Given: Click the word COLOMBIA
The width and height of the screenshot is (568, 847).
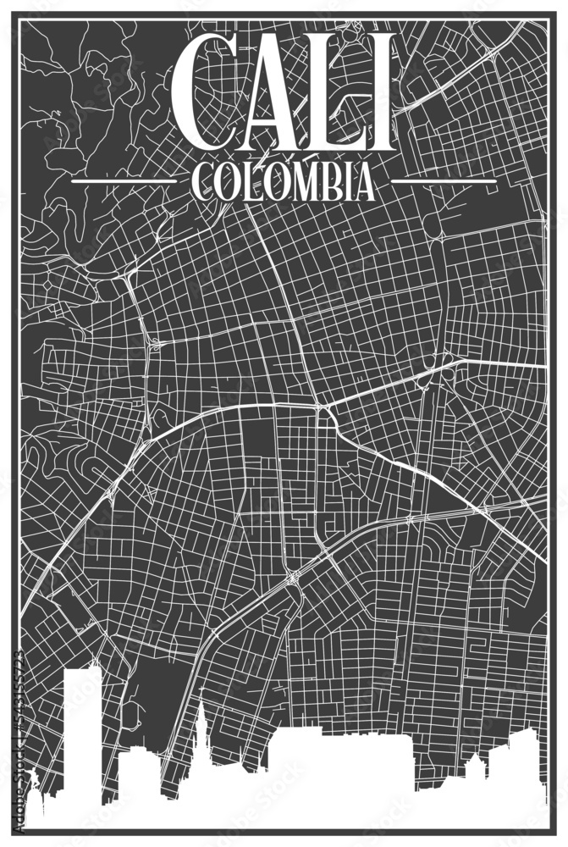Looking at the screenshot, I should click(x=284, y=181).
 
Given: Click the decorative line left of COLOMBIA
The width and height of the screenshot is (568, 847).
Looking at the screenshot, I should click(x=124, y=181).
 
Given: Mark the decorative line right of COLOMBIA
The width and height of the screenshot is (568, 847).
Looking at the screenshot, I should click(x=444, y=181).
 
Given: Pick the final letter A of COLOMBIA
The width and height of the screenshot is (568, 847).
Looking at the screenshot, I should click(x=362, y=181).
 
